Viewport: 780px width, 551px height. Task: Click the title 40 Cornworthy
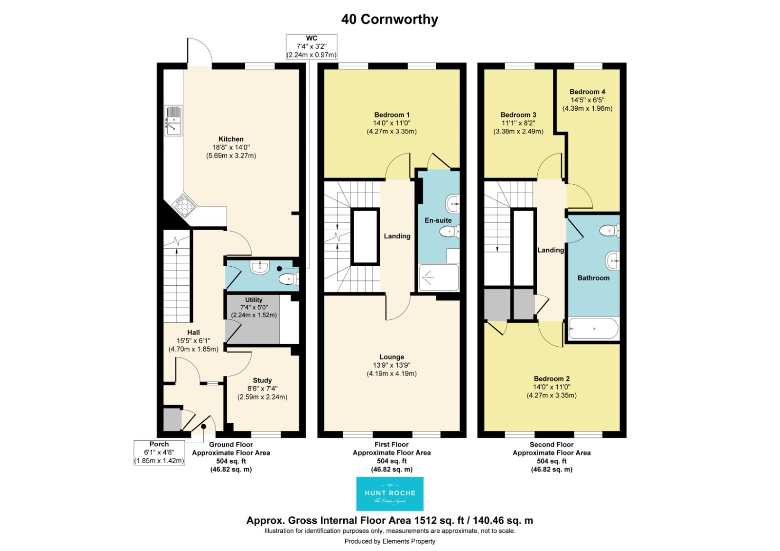(x=390, y=20)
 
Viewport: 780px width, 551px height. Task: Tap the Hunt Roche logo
(x=390, y=493)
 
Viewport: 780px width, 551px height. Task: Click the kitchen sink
(x=173, y=120)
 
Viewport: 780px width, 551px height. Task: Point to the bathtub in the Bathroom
(x=593, y=329)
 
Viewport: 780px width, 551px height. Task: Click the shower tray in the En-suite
(x=439, y=277)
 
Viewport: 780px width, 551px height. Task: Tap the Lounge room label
(x=392, y=357)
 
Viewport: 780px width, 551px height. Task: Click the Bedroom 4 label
(x=587, y=92)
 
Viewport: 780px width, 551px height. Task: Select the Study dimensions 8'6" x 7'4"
(x=262, y=389)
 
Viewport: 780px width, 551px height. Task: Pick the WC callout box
(x=312, y=47)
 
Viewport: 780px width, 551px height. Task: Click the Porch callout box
(x=159, y=453)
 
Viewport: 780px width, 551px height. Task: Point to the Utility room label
(x=253, y=300)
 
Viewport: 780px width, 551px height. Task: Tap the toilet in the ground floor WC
(x=289, y=278)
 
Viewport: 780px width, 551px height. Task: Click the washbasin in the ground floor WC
(x=259, y=268)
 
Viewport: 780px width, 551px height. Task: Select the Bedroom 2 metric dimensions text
(x=551, y=395)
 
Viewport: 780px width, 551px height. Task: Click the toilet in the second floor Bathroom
(x=609, y=230)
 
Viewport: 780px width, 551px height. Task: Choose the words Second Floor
(x=551, y=444)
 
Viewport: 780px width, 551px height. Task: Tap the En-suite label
(x=438, y=220)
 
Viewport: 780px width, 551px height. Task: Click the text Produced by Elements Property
(x=390, y=541)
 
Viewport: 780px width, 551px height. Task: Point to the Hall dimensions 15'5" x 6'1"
(x=194, y=341)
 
